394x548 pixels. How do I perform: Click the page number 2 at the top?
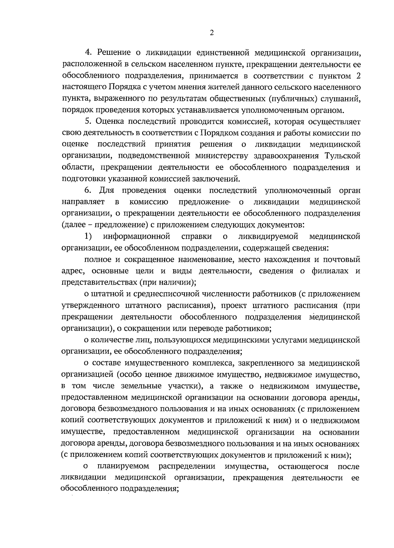(x=211, y=33)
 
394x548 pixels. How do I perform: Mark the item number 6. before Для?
(x=88, y=190)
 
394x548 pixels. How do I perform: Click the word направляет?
(x=83, y=202)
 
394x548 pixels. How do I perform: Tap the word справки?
(x=196, y=236)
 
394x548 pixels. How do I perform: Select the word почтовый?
(x=343, y=259)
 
